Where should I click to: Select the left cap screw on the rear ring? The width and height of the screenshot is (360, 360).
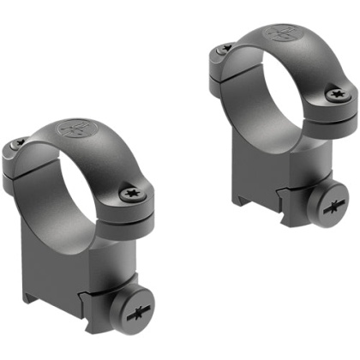point(220,49)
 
